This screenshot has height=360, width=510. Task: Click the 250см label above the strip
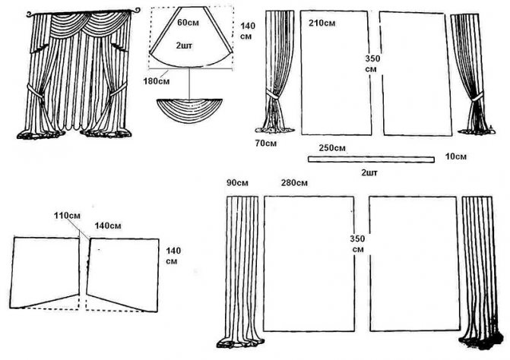click(333, 147)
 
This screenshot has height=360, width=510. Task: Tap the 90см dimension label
click(239, 183)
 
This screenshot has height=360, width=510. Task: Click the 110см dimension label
click(67, 216)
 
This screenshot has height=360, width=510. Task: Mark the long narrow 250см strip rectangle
click(371, 159)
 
